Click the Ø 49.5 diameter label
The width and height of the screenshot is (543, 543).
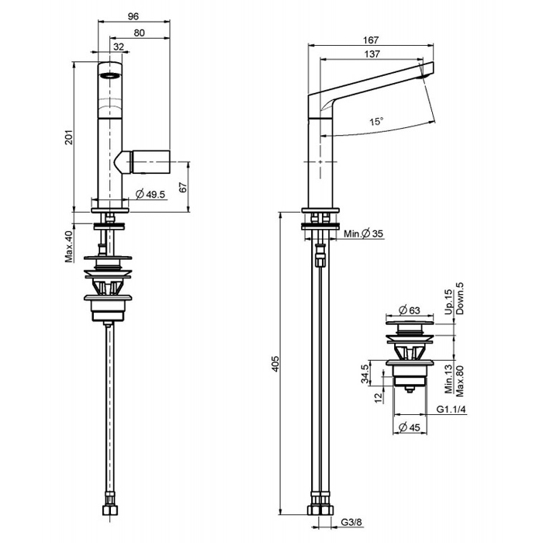click(x=150, y=194)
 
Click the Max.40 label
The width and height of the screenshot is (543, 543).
click(x=69, y=246)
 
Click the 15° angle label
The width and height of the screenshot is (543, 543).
click(x=376, y=122)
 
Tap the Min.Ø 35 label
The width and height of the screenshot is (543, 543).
click(x=365, y=233)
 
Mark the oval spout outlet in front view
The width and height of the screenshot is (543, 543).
click(x=110, y=76)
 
